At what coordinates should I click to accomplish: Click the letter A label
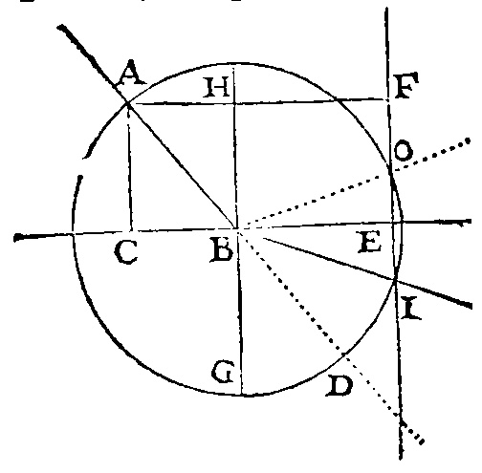[x=131, y=74]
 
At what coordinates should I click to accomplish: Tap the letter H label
[x=217, y=87]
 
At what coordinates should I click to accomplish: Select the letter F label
[x=406, y=85]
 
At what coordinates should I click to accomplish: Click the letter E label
[x=370, y=242]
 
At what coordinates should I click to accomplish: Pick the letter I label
[x=411, y=308]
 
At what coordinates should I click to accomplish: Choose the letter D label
[x=340, y=386]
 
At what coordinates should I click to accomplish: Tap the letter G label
[x=223, y=372]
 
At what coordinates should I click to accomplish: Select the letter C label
[x=126, y=251]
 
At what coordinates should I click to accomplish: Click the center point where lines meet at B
[x=237, y=228]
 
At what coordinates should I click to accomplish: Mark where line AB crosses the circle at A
[x=127, y=102]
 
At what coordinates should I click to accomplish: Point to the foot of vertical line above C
[x=131, y=231]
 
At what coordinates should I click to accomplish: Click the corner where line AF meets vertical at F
[x=388, y=100]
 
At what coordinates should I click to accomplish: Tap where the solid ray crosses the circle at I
[x=396, y=279]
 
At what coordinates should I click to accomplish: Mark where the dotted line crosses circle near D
[x=343, y=354]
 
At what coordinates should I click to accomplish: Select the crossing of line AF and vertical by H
[x=234, y=103]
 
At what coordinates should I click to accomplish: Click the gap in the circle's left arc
[x=83, y=166]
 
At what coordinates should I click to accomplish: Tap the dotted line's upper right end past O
[x=468, y=140]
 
